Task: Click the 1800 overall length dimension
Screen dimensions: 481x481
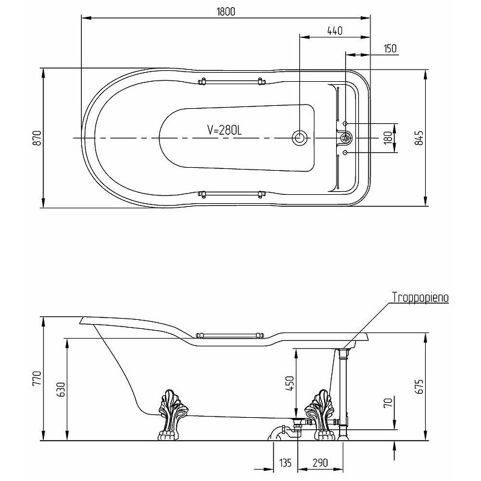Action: click(226, 11)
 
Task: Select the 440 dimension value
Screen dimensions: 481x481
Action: click(335, 31)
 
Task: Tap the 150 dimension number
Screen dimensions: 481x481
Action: click(390, 49)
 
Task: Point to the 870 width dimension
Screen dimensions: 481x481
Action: click(37, 138)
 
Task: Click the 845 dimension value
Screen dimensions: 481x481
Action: click(419, 138)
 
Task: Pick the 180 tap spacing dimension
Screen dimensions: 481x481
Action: click(388, 138)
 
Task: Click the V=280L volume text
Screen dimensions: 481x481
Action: click(224, 130)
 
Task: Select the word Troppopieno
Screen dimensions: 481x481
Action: click(420, 297)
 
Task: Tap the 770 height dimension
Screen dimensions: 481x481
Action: click(37, 379)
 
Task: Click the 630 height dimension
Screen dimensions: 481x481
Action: click(61, 390)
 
